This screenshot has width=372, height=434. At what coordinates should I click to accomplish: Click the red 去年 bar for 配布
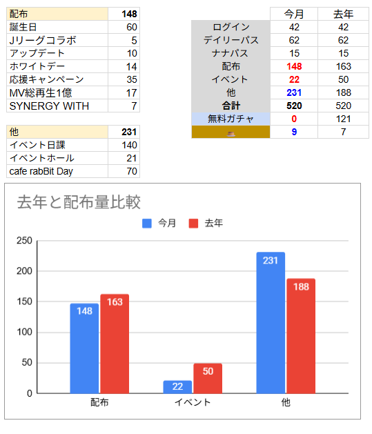115,344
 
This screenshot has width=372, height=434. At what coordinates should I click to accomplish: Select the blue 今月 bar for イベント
177,387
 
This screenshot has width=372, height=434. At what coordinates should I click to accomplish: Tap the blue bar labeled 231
271,323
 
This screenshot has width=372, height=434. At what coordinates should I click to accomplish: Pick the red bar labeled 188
301,336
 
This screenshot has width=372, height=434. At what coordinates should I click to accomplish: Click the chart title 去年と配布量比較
79,202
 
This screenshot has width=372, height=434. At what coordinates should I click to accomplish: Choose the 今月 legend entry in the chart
159,224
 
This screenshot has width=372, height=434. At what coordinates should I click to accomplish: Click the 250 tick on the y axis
24,241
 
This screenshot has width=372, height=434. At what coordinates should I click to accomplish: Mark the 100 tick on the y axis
24,333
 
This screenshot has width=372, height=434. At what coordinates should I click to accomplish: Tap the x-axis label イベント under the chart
193,402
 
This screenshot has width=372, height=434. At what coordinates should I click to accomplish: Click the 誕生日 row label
24,27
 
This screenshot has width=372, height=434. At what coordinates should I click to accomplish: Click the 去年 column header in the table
343,14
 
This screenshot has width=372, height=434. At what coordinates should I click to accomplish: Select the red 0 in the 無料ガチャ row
294,119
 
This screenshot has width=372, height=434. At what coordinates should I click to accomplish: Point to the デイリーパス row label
231,40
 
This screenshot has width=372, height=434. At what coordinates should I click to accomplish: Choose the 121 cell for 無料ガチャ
343,119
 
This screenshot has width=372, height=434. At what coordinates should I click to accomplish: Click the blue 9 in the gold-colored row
294,132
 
